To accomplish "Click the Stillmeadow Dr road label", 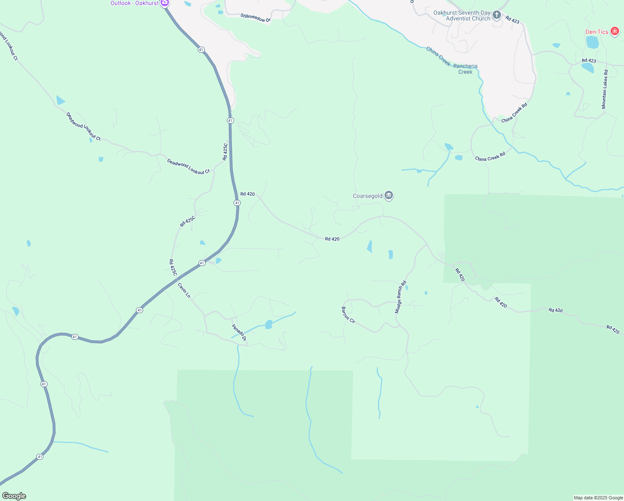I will coord(256,18).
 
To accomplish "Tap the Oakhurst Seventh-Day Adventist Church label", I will coord(462,16).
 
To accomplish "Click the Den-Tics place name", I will coord(597,32).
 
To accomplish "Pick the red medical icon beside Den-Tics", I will coord(614,31).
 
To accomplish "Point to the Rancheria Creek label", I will coord(465,69).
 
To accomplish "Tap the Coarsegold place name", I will coord(367,196).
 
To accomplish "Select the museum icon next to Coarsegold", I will coord(389,195).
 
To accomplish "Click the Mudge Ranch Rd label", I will coord(400,298).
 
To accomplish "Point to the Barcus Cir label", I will coord(348,315).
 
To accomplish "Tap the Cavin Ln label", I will coord(184,291).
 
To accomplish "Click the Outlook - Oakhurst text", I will coord(134,3).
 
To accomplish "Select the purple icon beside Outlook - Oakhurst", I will coord(165,3).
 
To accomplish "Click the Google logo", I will coord(14,496).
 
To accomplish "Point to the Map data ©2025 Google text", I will coord(598,498).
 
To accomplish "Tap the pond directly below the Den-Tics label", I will coord(592,43).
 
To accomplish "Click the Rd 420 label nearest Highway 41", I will coord(247,194).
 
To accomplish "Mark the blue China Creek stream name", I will coord(438,56).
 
